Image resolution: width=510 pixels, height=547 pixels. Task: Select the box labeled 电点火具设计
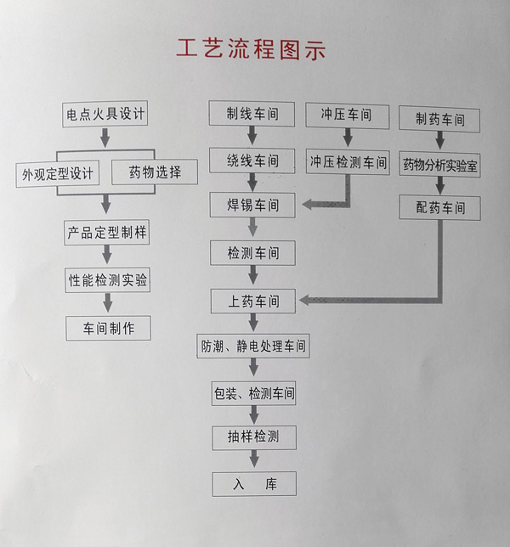coord(106,113)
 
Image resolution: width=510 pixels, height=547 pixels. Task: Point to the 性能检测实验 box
coord(108,279)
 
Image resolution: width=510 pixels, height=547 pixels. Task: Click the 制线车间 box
coord(252,114)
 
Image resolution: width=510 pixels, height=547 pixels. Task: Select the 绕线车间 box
coord(252,160)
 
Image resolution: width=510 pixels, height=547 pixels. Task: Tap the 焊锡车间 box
coord(252,205)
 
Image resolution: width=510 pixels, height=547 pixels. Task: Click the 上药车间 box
coord(252,300)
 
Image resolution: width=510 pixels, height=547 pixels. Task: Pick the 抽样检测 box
coord(252,437)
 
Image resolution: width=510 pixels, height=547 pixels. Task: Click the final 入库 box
coord(252,483)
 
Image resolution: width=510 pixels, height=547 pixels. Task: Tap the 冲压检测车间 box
coord(347,160)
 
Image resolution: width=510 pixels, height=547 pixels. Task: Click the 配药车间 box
coord(439,207)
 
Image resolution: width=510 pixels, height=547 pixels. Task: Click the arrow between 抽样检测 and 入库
coord(252,460)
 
